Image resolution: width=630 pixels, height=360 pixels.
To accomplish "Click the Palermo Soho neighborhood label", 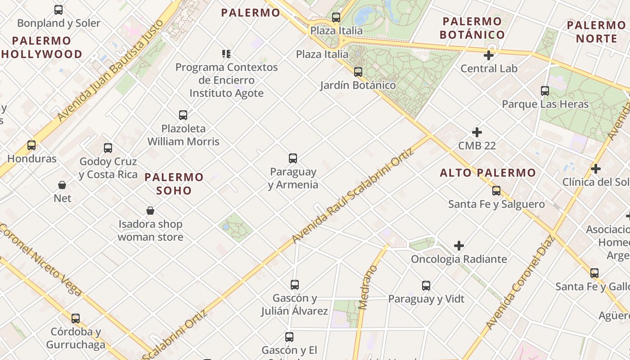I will click(x=174, y=184).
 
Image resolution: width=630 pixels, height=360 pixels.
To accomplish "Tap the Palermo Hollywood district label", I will click(x=42, y=48).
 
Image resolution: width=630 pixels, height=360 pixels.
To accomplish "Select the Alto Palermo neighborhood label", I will click(x=488, y=173).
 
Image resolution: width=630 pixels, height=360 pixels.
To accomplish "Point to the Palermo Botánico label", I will click(x=472, y=28).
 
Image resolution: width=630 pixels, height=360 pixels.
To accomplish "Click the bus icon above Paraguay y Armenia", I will click(x=293, y=158).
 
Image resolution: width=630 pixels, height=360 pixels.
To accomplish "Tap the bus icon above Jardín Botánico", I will click(x=358, y=72).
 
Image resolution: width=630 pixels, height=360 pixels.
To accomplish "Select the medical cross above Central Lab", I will click(x=489, y=55).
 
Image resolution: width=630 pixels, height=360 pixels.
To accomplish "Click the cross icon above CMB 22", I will click(x=477, y=132).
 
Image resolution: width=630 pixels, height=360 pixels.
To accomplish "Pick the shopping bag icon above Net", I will click(x=62, y=185).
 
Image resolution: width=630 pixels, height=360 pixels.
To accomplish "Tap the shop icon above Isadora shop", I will click(x=150, y=211).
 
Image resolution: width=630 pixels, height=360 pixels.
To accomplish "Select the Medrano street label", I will click(x=369, y=287).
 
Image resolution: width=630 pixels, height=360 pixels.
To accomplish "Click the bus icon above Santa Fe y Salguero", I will click(x=496, y=191).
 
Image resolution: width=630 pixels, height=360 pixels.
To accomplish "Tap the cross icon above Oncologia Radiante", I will click(x=459, y=246).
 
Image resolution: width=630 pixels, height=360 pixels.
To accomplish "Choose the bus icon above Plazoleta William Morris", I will click(x=183, y=115).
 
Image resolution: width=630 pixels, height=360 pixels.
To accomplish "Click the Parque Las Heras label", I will click(x=545, y=104).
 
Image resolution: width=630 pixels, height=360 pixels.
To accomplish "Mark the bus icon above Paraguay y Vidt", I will click(x=426, y=286).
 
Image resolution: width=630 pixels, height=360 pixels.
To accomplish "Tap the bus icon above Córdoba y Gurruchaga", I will click(x=76, y=319).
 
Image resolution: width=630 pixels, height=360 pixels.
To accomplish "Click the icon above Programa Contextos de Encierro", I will click(x=226, y=54).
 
